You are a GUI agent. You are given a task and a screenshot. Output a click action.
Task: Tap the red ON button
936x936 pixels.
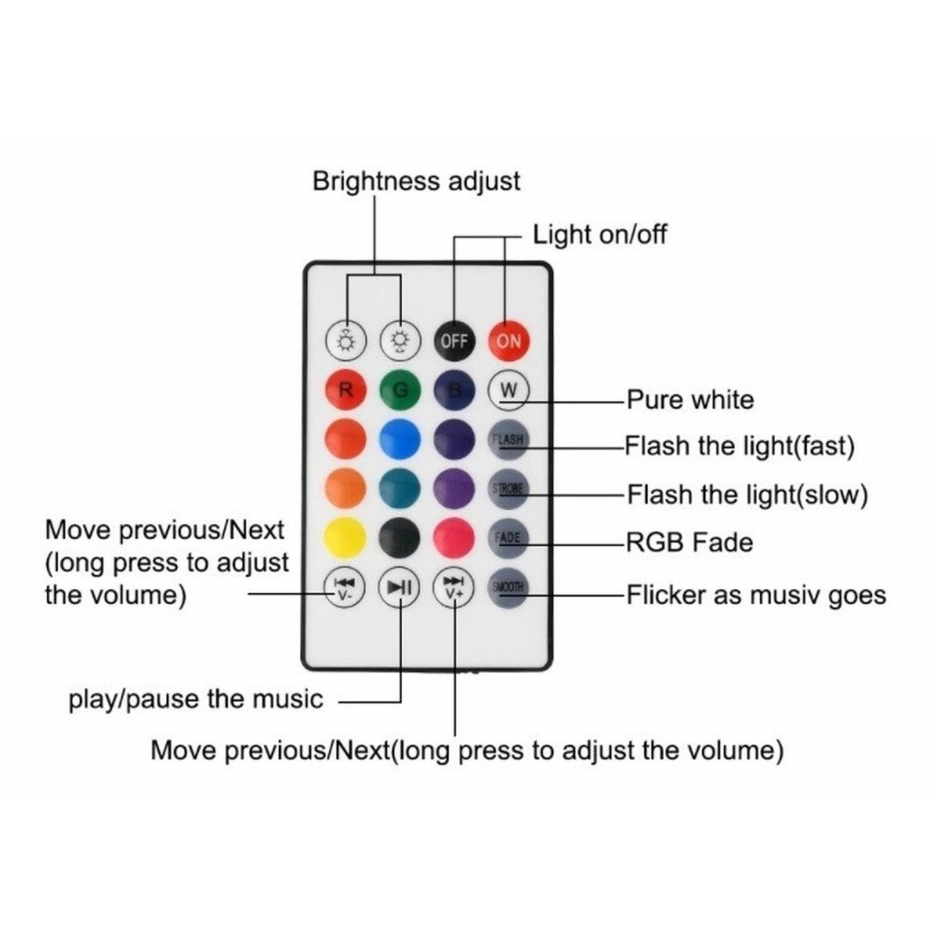[508, 340]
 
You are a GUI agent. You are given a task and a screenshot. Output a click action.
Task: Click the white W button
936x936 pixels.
[508, 390]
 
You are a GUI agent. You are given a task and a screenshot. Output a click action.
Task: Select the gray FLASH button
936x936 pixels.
[508, 439]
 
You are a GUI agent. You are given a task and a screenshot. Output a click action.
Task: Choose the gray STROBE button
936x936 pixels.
[508, 488]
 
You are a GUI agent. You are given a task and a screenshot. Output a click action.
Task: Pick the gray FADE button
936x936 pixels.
[508, 538]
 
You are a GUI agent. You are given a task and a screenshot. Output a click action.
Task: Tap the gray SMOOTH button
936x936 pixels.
[508, 587]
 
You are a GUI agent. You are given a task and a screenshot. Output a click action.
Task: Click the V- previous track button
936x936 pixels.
[345, 587]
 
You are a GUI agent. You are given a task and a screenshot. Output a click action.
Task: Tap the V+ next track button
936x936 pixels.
[454, 587]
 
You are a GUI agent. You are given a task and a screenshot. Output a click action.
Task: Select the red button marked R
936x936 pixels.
[346, 390]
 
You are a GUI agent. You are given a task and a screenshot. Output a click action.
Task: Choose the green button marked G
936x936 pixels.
[400, 390]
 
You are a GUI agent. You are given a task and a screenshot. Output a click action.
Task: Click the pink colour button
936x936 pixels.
[454, 538]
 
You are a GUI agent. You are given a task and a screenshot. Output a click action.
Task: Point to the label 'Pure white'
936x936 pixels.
[690, 400]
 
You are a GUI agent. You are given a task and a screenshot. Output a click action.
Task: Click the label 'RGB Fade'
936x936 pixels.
[689, 542]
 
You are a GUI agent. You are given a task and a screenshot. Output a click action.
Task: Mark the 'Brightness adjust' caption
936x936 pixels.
[416, 181]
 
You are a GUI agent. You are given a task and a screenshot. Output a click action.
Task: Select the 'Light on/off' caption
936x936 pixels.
[600, 235]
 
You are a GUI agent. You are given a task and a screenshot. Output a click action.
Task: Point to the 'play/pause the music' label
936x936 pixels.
[196, 699]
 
